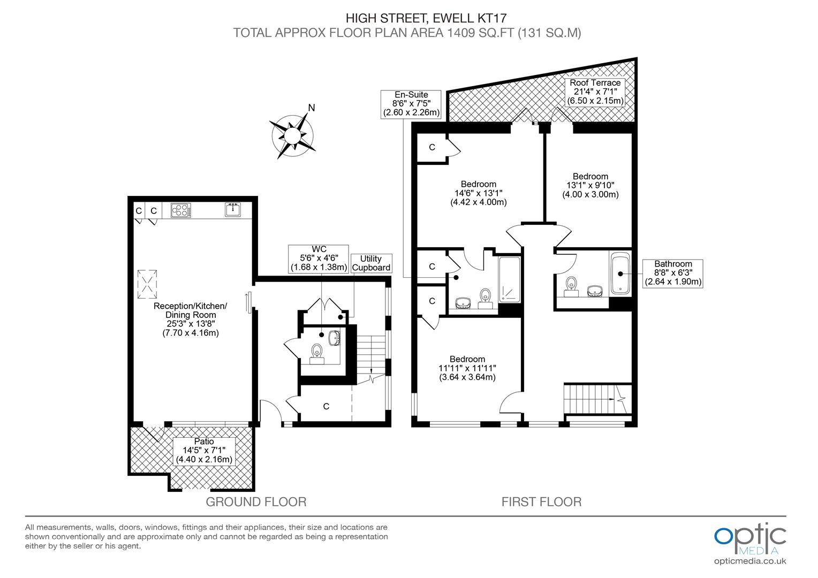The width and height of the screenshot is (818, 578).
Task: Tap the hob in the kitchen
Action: (181, 210)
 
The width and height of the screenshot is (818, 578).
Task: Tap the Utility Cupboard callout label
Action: (371, 263)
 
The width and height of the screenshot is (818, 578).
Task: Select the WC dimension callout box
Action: (319, 258)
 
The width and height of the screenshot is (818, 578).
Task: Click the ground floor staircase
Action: (371, 359)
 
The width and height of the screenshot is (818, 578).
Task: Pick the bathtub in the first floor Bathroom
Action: (620, 274)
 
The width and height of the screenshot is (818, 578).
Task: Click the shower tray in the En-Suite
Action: (509, 280)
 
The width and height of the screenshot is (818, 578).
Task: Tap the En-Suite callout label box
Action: (411, 103)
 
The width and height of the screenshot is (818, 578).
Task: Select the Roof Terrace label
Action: (595, 92)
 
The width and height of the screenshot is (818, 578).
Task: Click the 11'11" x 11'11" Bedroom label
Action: (467, 368)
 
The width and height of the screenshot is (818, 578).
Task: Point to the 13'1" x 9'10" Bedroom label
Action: (590, 185)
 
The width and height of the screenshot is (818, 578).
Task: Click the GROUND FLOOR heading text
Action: (256, 502)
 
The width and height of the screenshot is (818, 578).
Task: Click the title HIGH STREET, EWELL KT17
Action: (407, 19)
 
